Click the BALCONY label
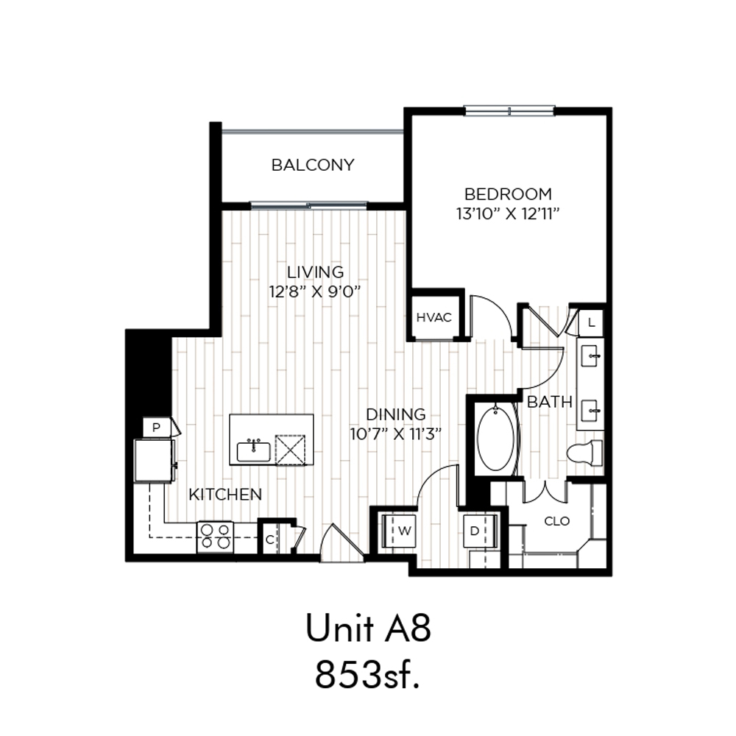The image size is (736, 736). coord(313,165)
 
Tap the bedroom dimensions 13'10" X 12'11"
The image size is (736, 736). coord(508,214)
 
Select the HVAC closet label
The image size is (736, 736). coord(434,318)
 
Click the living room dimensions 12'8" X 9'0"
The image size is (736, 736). coord(314,292)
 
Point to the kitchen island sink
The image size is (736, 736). coord(253,452)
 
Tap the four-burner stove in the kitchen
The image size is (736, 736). coord(216,537)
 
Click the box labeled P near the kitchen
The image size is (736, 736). coord(157,427)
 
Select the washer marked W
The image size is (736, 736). coord(399,531)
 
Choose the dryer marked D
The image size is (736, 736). coord(479,531)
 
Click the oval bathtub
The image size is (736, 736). coord(495,439)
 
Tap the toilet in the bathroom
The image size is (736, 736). coord(584,453)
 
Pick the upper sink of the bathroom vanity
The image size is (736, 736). coord(590,357)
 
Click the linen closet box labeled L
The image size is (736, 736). coord(591,323)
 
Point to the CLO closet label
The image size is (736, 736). coord(556,521)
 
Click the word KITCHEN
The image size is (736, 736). coord(225,495)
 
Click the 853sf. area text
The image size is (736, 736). coord(367,674)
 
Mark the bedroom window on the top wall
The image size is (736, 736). coord(510,111)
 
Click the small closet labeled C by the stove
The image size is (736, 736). coord(270,539)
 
